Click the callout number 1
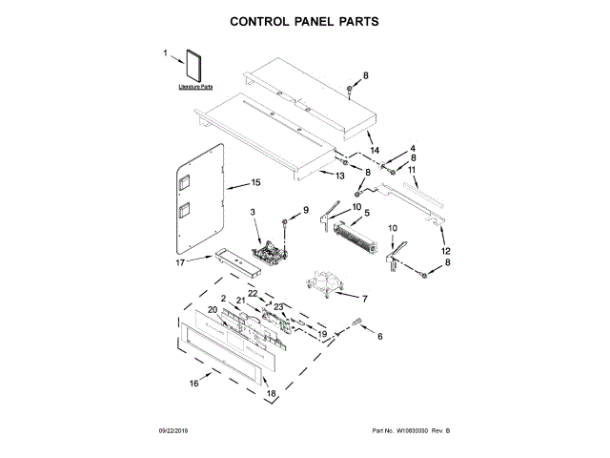(x=165, y=54)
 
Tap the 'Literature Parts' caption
(x=195, y=88)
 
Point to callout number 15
(x=254, y=182)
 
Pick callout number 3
(x=253, y=212)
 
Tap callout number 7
(x=363, y=299)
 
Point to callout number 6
(x=379, y=336)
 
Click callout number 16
(x=193, y=384)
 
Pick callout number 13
(x=338, y=177)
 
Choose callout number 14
(x=375, y=152)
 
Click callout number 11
(x=412, y=171)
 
